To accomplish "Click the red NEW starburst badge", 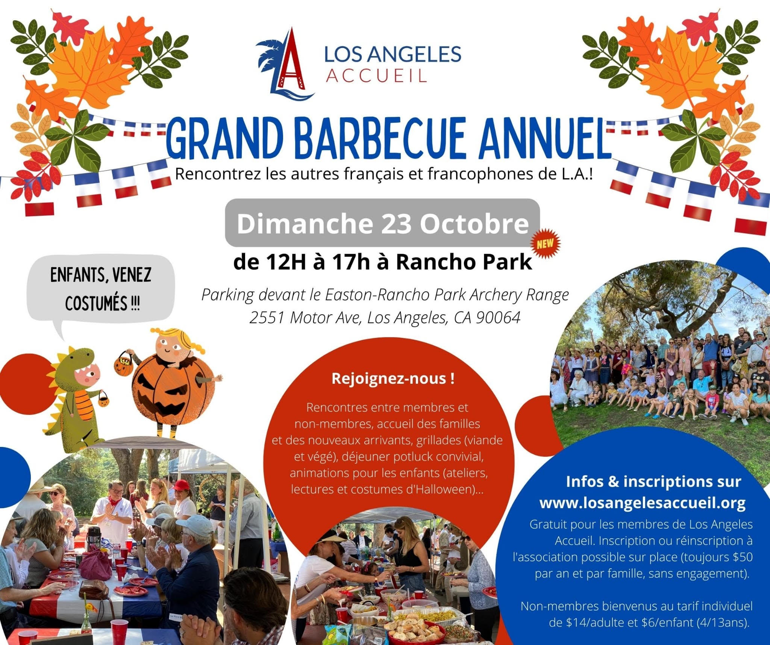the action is coord(545,244).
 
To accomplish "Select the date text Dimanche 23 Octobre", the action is coord(383,224).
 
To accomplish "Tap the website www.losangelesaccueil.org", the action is coord(642,503).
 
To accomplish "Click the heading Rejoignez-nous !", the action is coord(393,379).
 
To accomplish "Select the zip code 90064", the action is coord(498,318).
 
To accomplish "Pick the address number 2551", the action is coord(266,318).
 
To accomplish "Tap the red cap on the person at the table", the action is coord(182,485).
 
